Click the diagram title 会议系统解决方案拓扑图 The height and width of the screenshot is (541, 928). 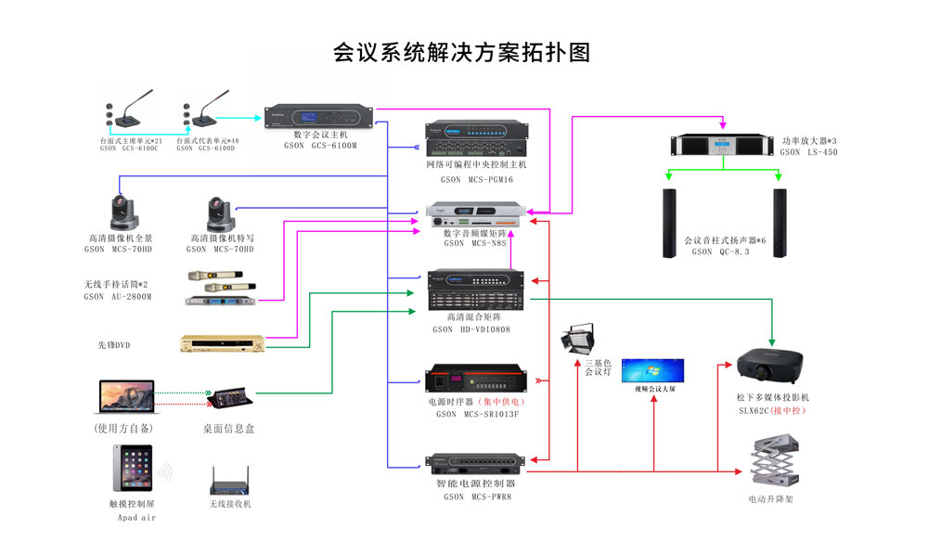point(461,52)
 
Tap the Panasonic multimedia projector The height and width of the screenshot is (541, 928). point(767,367)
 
